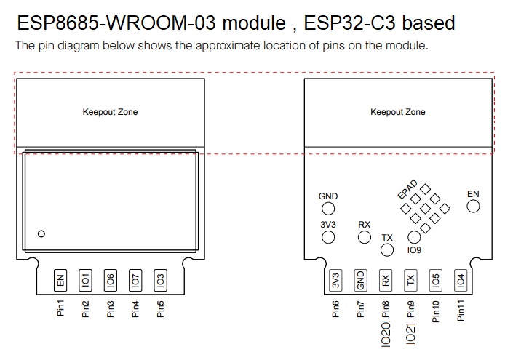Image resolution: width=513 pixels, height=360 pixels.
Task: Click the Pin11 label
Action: point(461,311)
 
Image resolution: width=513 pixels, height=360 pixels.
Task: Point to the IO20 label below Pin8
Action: point(386,334)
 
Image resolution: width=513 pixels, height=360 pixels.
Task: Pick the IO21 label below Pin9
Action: point(410,333)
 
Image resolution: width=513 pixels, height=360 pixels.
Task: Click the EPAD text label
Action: point(407,189)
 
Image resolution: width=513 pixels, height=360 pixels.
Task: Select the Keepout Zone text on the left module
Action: point(111,112)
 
